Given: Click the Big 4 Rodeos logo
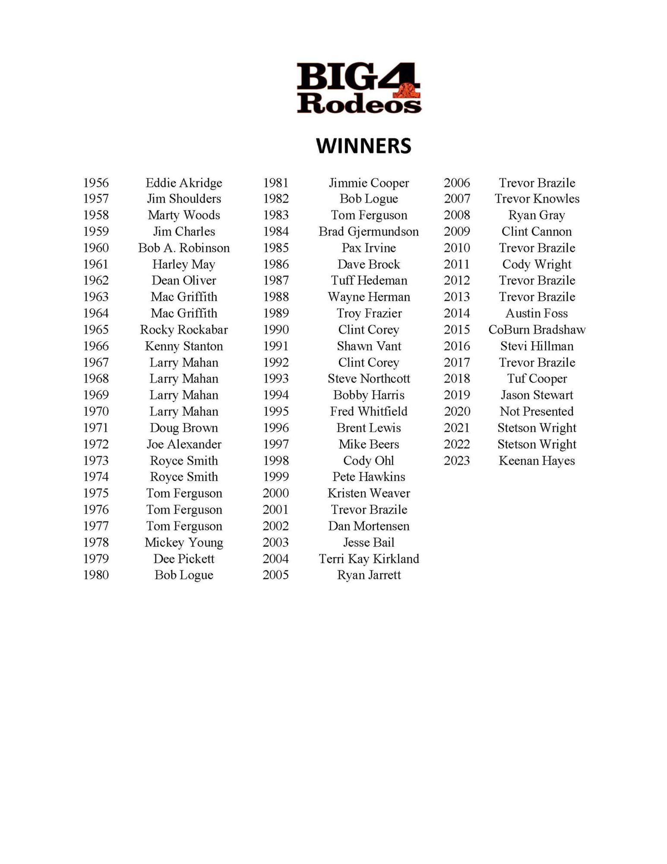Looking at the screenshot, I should (x=359, y=88).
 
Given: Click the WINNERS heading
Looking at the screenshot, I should (x=364, y=146).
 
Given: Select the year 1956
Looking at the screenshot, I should (x=96, y=183).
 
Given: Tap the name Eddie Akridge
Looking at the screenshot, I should (x=184, y=183).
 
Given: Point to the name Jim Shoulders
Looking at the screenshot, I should (x=184, y=199).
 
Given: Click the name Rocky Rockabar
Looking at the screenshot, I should (x=184, y=330).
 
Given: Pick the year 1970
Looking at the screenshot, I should (x=96, y=411).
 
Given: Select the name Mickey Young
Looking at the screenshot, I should (x=184, y=542).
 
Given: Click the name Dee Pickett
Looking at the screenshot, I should (x=184, y=559).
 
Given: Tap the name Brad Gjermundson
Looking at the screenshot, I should (x=369, y=232).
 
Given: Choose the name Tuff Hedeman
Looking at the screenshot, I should (x=369, y=280).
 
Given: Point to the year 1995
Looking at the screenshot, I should (x=276, y=411).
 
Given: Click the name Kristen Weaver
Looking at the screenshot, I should (x=369, y=493).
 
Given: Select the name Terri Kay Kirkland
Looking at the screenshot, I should (x=369, y=559).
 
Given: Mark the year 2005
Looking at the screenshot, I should (x=276, y=575).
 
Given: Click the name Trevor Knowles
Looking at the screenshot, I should (x=537, y=199).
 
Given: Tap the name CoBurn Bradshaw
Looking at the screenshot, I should (x=537, y=330).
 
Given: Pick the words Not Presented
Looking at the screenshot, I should (x=537, y=411).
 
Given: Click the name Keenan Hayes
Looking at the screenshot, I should (x=537, y=461).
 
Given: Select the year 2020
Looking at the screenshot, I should (x=457, y=411).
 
